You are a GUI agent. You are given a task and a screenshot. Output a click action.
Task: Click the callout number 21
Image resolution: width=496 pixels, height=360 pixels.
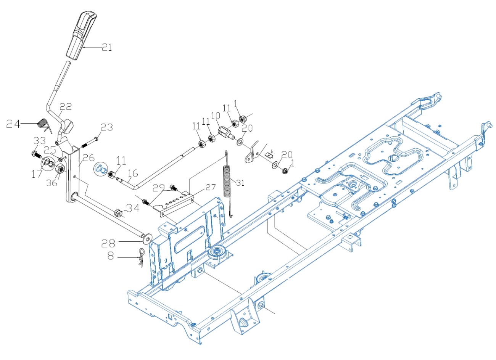pos(106,48)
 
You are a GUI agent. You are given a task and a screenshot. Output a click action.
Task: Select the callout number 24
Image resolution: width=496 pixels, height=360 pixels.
pos(14,124)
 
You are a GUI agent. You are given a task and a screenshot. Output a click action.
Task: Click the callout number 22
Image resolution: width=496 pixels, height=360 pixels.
pos(66,107)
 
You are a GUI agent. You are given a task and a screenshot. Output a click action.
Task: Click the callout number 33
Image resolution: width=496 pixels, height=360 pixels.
pos(39,141)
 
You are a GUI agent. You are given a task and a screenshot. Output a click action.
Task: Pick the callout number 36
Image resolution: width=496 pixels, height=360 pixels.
pos(52,183)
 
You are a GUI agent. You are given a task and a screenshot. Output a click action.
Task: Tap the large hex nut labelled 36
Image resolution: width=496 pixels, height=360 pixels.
pos(60,169)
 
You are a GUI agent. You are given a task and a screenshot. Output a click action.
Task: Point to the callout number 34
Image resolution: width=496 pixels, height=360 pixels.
pos(132,208)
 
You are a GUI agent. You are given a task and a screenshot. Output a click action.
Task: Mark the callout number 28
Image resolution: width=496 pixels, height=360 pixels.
pos(109,242)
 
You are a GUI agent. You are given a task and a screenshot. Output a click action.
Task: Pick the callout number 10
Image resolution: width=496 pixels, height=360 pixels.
pos(215,115)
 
